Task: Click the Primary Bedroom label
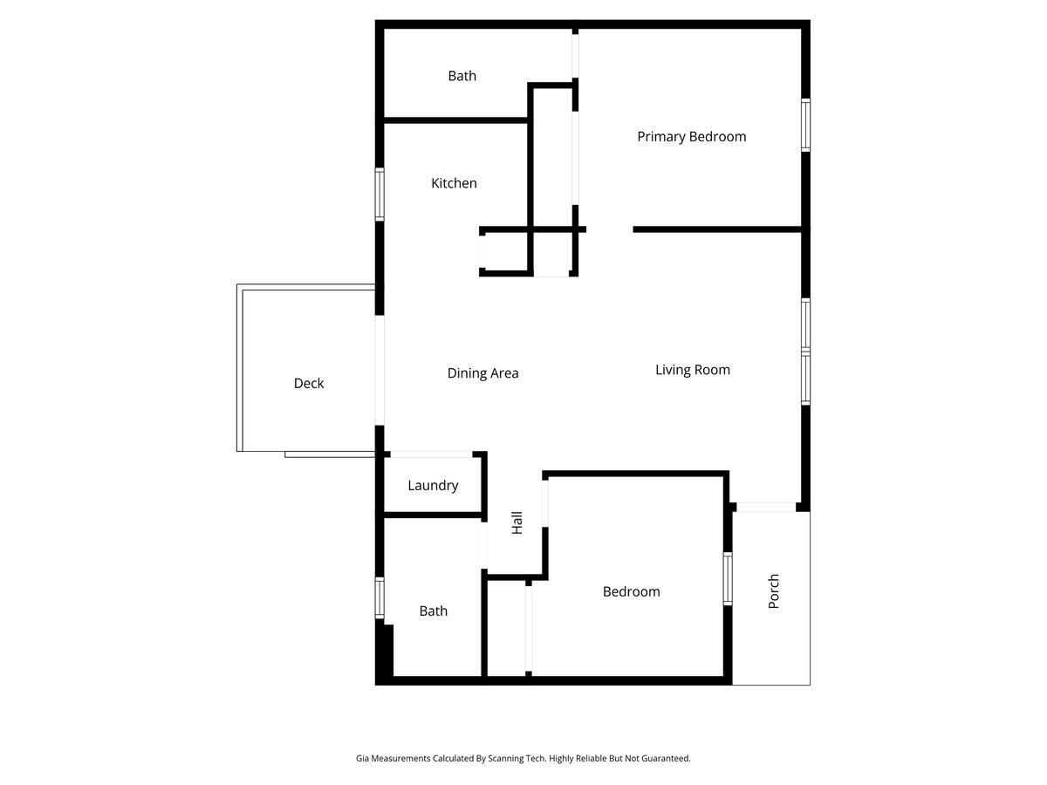(x=691, y=137)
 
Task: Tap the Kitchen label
(x=454, y=183)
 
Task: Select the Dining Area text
(x=482, y=373)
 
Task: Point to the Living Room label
(x=693, y=370)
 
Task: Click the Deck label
(x=309, y=383)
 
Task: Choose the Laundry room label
(x=433, y=486)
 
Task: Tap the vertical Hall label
(x=517, y=523)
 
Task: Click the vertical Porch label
(x=774, y=591)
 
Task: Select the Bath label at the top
(x=462, y=76)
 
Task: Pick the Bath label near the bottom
(x=433, y=611)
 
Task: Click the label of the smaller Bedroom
(x=631, y=591)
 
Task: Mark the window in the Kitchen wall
(x=380, y=194)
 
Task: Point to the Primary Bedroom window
(x=806, y=126)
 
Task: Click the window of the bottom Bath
(x=380, y=598)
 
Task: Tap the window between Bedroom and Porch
(x=728, y=578)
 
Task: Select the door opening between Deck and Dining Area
(x=380, y=371)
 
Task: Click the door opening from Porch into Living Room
(x=765, y=506)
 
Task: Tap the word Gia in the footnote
(x=362, y=759)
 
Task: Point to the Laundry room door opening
(x=431, y=454)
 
